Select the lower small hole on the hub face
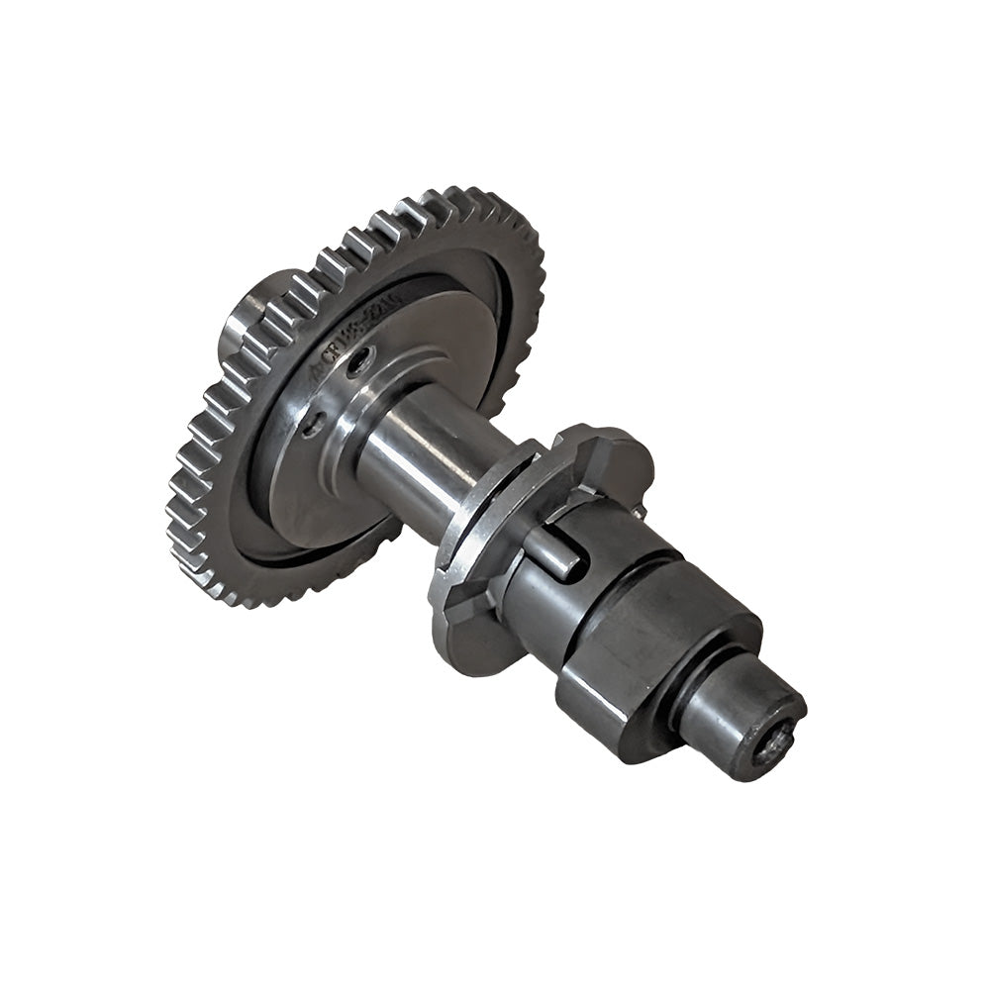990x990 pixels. (x=313, y=424)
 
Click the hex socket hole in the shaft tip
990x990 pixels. (x=776, y=740)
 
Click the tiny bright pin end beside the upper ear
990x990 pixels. (x=641, y=511)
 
